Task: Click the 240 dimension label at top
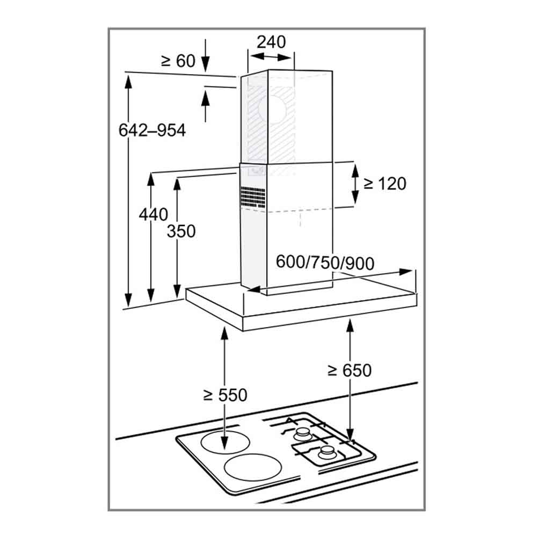[x=271, y=42]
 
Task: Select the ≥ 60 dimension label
[x=178, y=61]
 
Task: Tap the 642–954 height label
[x=152, y=130]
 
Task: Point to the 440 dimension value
[x=154, y=215]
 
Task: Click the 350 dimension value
[x=181, y=231]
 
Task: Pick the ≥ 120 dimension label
[x=385, y=184]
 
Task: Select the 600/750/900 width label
[x=325, y=263]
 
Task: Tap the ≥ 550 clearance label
[x=225, y=395]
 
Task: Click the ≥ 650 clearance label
[x=350, y=371]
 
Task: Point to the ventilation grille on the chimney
[x=253, y=198]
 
